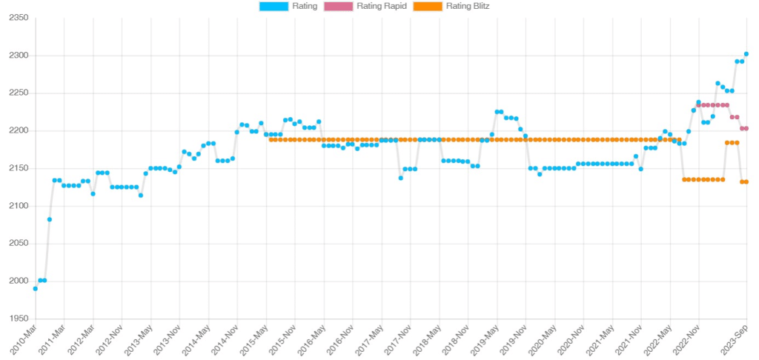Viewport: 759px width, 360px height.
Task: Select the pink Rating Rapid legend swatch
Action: pos(338,7)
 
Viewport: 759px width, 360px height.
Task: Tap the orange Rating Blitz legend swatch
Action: pos(426,7)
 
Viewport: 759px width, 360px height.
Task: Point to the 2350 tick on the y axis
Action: pos(16,19)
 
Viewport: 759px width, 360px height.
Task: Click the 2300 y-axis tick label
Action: pos(16,56)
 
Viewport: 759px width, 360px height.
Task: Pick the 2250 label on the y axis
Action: pos(16,93)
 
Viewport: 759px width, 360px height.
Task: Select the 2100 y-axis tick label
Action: pos(16,206)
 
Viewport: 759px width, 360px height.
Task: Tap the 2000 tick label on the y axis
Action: pos(16,281)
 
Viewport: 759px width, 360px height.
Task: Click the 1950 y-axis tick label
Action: pos(16,319)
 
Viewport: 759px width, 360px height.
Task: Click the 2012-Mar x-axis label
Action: pos(82,339)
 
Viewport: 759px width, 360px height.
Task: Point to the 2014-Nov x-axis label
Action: pos(225,339)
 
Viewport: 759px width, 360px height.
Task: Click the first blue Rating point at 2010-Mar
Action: pos(36,288)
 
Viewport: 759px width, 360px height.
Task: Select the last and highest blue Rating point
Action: pos(746,54)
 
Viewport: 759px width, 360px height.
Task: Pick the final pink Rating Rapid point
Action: pos(746,128)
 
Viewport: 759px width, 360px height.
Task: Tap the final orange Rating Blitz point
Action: pos(746,181)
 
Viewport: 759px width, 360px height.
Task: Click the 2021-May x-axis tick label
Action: pos(601,339)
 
